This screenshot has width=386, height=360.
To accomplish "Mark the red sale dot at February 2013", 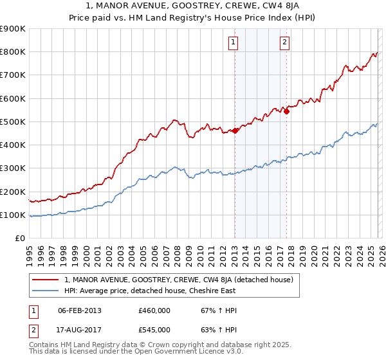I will click(235, 130).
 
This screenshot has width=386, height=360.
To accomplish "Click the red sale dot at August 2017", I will click(286, 111).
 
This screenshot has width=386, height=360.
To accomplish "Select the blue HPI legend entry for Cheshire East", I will click(150, 291).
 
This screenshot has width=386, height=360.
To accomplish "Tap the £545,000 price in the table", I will click(154, 330).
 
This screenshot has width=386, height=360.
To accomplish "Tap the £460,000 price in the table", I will click(154, 310).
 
